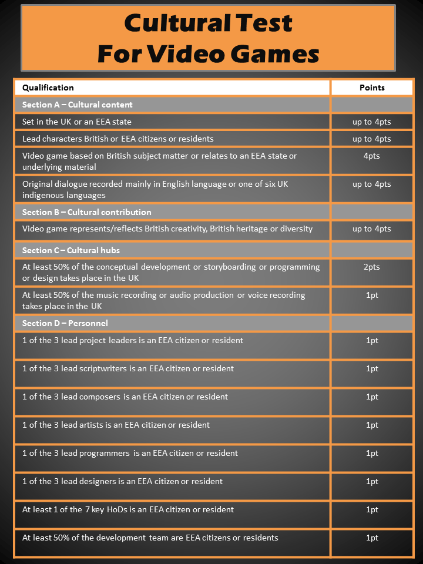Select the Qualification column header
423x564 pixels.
(x=48, y=88)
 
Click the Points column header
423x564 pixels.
(x=372, y=88)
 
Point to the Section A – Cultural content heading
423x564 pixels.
(x=78, y=105)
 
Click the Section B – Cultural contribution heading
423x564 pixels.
(x=87, y=212)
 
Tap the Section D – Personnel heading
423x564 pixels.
(x=65, y=323)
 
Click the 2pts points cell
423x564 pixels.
(x=372, y=267)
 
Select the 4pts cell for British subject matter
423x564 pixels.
(x=372, y=156)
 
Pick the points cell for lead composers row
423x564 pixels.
(x=372, y=397)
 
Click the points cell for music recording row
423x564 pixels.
(x=372, y=296)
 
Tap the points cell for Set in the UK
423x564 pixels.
(x=372, y=122)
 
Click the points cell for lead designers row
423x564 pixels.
(x=372, y=482)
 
